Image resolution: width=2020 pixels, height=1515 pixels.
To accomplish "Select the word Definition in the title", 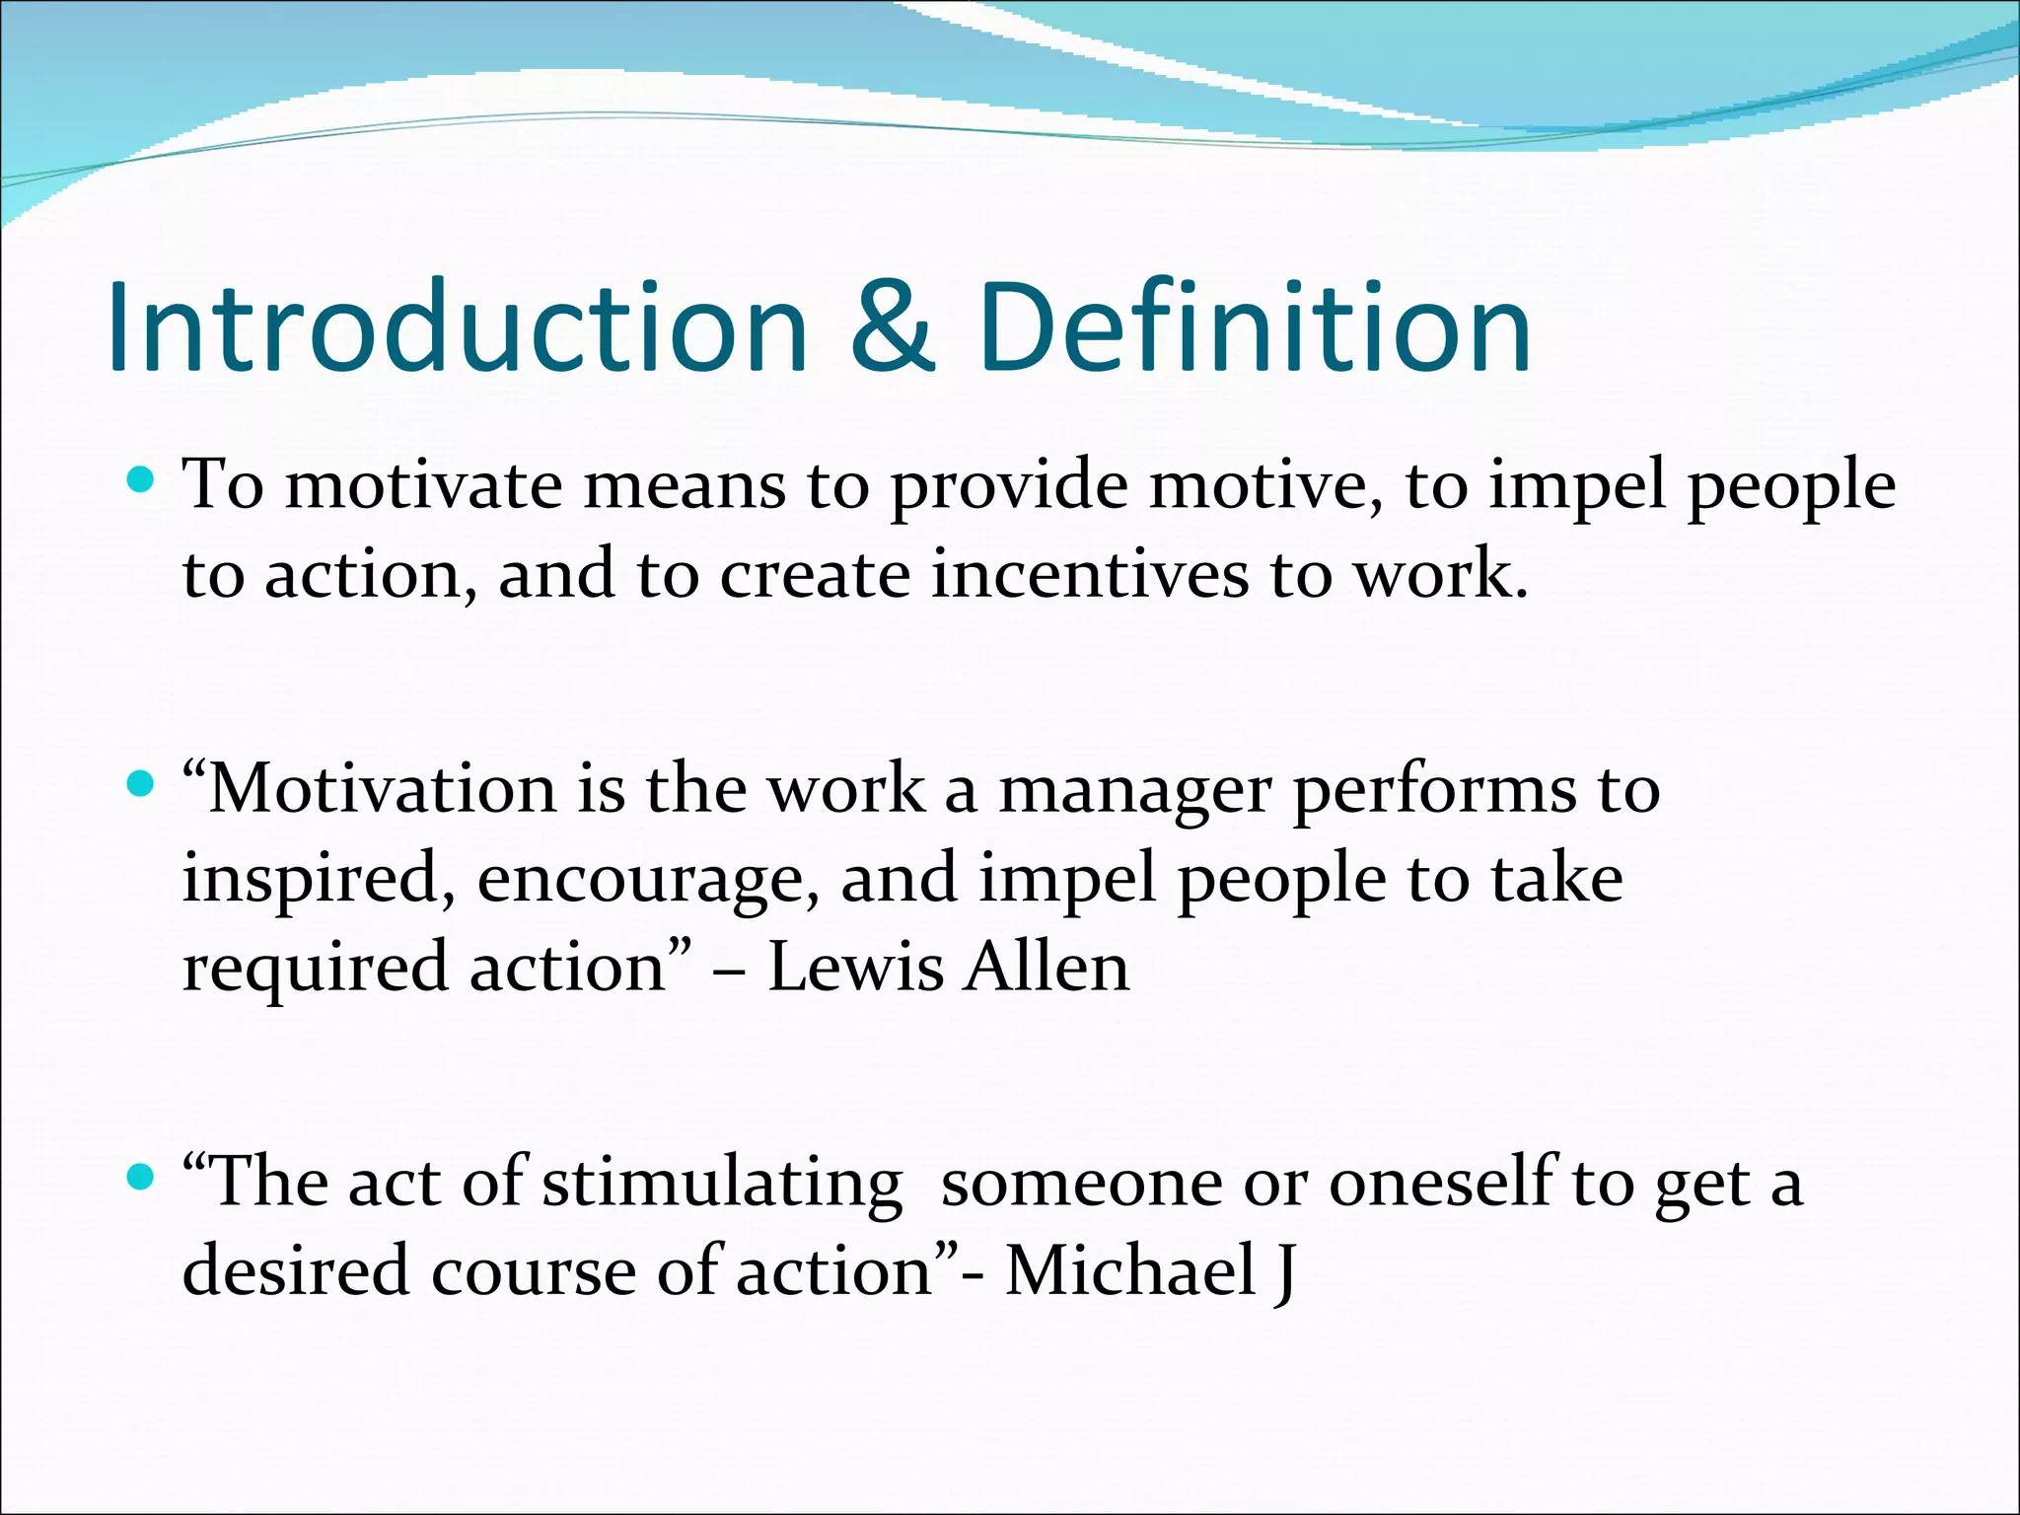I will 1255,327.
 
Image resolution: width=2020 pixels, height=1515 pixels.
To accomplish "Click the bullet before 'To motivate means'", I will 142,481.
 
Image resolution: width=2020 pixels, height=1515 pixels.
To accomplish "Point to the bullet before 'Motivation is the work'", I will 142,785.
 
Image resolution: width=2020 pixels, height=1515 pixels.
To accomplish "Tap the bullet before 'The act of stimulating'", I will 142,1177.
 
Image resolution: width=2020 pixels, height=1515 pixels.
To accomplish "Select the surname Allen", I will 1046,967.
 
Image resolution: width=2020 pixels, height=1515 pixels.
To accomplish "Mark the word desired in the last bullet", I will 295,1270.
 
